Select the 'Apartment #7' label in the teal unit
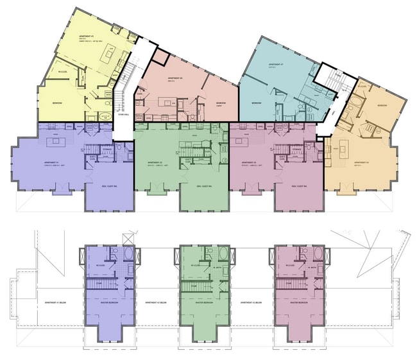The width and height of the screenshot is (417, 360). click(277, 65)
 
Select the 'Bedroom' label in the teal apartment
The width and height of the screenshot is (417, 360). click(256, 103)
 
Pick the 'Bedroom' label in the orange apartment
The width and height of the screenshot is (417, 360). click(382, 105)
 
